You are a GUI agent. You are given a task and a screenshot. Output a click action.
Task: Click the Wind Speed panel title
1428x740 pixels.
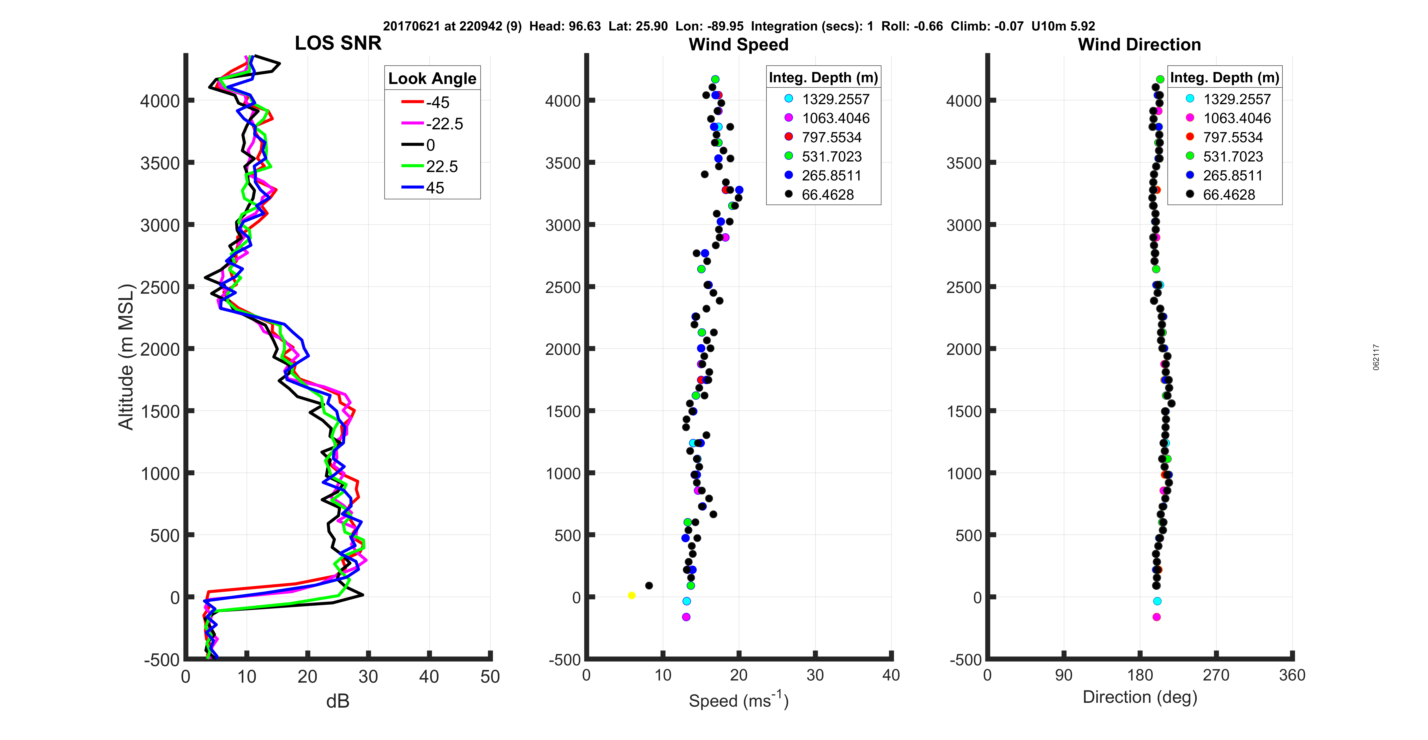pyautogui.click(x=738, y=44)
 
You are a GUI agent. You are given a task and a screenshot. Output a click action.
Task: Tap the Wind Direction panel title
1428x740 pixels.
pyautogui.click(x=1139, y=44)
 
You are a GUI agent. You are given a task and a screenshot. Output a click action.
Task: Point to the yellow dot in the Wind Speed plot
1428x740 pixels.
pyautogui.click(x=631, y=595)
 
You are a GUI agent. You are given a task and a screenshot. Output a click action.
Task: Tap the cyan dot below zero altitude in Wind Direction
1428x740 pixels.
pyautogui.click(x=1157, y=601)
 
